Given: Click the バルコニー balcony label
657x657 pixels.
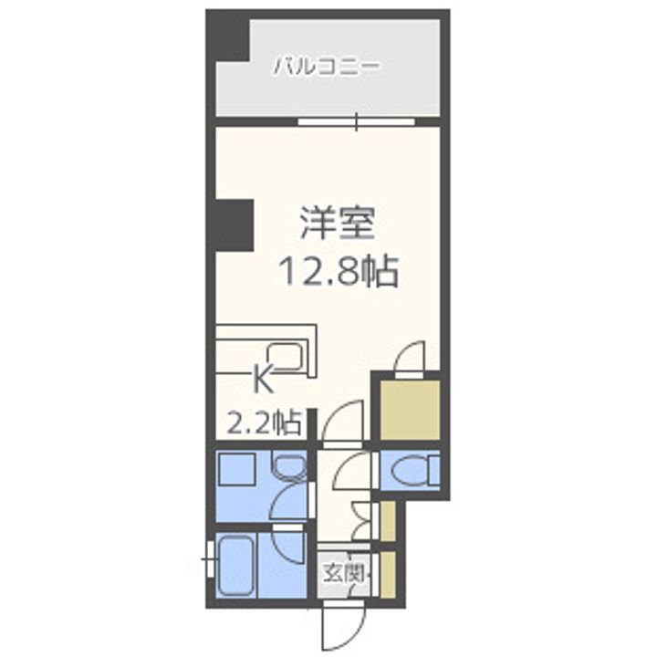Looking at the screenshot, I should tap(326, 66).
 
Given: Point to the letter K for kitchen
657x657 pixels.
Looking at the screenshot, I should tap(263, 376).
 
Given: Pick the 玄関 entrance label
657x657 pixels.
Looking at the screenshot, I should tap(344, 574).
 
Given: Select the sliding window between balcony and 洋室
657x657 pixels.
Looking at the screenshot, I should tap(357, 120).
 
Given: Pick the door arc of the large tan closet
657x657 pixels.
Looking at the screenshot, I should tap(408, 357).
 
